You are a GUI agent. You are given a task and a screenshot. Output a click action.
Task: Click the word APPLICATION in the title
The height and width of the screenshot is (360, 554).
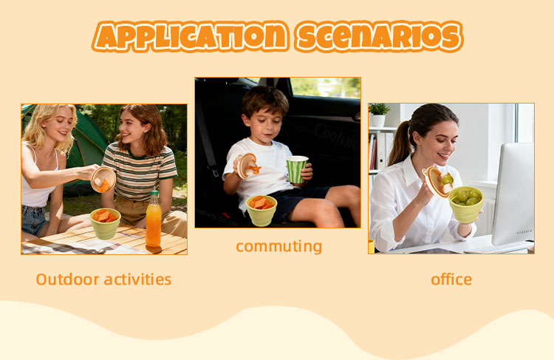click(189, 36)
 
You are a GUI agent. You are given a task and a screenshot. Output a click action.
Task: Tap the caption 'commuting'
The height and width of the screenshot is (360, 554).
click(278, 245)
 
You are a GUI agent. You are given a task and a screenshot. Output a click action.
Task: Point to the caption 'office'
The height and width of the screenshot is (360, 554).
click(451, 279)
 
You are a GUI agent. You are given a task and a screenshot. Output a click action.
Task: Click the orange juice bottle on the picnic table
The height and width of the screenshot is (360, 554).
click(153, 219)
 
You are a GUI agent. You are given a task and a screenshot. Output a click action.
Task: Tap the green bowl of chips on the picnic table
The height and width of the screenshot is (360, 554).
click(106, 223)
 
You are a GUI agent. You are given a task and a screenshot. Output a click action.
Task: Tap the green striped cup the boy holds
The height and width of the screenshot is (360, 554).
click(297, 169)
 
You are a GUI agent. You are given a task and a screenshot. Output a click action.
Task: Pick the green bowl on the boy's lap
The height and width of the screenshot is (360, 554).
click(261, 210)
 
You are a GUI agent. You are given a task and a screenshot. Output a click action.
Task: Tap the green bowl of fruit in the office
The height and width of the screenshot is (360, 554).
click(465, 204)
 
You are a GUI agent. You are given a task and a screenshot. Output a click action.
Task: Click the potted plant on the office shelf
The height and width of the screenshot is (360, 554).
click(379, 115)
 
